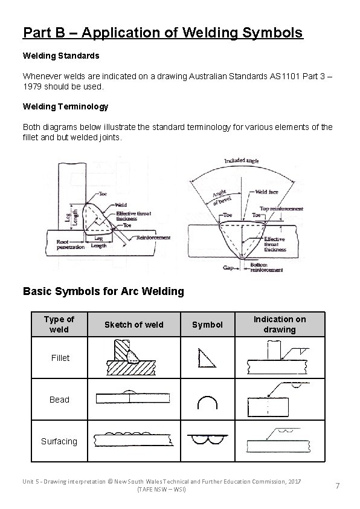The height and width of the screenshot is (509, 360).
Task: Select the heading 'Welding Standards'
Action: click(61, 55)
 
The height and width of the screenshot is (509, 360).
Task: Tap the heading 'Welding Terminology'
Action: click(65, 106)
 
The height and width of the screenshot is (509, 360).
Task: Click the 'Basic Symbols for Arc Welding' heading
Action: click(103, 291)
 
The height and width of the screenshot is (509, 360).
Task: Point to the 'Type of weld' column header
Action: click(59, 324)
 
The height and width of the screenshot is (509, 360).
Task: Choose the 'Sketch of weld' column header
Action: click(133, 325)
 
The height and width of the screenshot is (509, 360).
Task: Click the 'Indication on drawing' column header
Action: click(279, 324)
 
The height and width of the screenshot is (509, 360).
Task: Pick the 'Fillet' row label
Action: click(60, 358)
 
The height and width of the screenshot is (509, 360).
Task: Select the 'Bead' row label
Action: click(59, 400)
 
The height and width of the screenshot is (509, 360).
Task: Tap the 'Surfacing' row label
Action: click(59, 441)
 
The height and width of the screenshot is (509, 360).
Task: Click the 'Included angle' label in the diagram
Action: click(242, 161)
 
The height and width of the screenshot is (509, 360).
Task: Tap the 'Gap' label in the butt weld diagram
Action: click(228, 267)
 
